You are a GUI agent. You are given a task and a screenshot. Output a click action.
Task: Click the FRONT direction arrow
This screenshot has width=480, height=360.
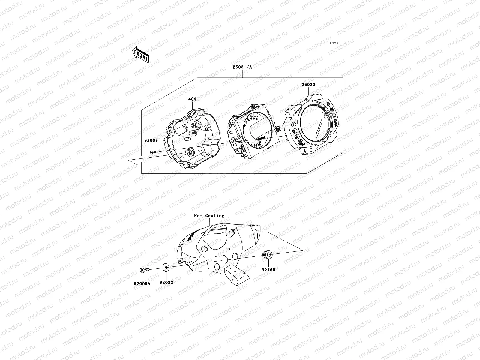tap(141, 54)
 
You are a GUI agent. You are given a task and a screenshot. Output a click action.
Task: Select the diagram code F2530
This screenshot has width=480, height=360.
tap(335, 43)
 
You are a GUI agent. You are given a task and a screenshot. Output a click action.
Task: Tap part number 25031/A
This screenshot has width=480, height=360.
tap(242, 67)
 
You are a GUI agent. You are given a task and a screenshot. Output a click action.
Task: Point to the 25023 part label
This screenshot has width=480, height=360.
tap(309, 85)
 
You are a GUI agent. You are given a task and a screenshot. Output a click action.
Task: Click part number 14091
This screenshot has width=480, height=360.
tap(192, 99)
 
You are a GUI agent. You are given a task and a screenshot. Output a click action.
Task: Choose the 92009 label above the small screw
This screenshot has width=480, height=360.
tap(151, 140)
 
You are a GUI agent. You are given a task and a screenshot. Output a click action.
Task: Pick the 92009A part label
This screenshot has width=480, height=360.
tap(142, 284)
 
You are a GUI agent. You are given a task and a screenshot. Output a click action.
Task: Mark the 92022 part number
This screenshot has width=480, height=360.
tap(166, 282)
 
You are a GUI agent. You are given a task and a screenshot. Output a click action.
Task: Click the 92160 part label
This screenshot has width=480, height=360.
tap(268, 270)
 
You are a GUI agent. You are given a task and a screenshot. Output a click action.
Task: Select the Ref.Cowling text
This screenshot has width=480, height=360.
tap(209, 216)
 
